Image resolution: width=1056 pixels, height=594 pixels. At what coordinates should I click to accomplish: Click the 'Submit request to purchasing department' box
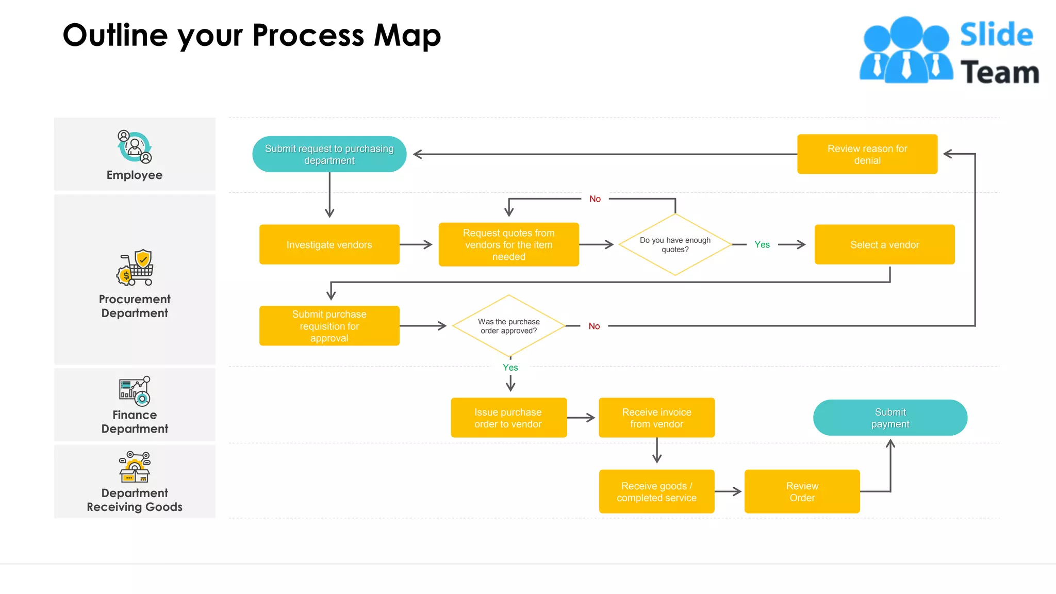pos(329,154)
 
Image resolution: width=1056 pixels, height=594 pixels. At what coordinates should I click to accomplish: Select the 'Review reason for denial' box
pos(867,154)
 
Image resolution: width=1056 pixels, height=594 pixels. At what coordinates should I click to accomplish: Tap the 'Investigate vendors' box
pos(329,244)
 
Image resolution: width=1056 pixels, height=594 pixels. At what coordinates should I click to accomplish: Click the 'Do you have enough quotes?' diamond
pos(675,244)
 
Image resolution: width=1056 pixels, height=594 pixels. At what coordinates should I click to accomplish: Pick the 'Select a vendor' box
pos(884,244)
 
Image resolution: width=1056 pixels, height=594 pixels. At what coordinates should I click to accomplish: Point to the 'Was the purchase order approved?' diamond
pos(508,326)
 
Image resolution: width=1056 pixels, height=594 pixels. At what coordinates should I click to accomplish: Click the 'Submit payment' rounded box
pos(890,418)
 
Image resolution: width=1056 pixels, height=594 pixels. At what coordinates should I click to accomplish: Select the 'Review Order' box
pos(802,491)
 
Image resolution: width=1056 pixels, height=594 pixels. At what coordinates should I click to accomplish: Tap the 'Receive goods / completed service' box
pos(656,491)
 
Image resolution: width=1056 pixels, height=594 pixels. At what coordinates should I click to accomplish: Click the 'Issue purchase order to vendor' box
pos(508,418)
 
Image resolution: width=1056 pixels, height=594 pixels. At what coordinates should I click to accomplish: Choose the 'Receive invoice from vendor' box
pos(656,418)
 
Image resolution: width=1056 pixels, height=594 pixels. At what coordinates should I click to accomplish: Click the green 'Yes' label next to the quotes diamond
pos(762,244)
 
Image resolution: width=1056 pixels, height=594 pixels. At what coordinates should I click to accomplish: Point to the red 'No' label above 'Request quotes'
pos(595,199)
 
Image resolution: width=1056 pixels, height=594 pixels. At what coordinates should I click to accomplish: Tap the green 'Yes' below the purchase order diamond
pos(510,368)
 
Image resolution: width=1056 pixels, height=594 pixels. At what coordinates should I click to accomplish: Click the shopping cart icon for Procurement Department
pos(135,268)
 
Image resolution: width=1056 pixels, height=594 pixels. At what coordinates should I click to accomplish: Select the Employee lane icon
pos(135,147)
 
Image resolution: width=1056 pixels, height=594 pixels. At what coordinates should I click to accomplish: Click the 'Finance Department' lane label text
pos(135,422)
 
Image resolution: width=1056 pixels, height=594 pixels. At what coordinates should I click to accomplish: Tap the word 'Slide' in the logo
pos(996,35)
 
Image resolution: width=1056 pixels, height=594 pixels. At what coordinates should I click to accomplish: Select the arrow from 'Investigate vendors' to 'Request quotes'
pos(416,244)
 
